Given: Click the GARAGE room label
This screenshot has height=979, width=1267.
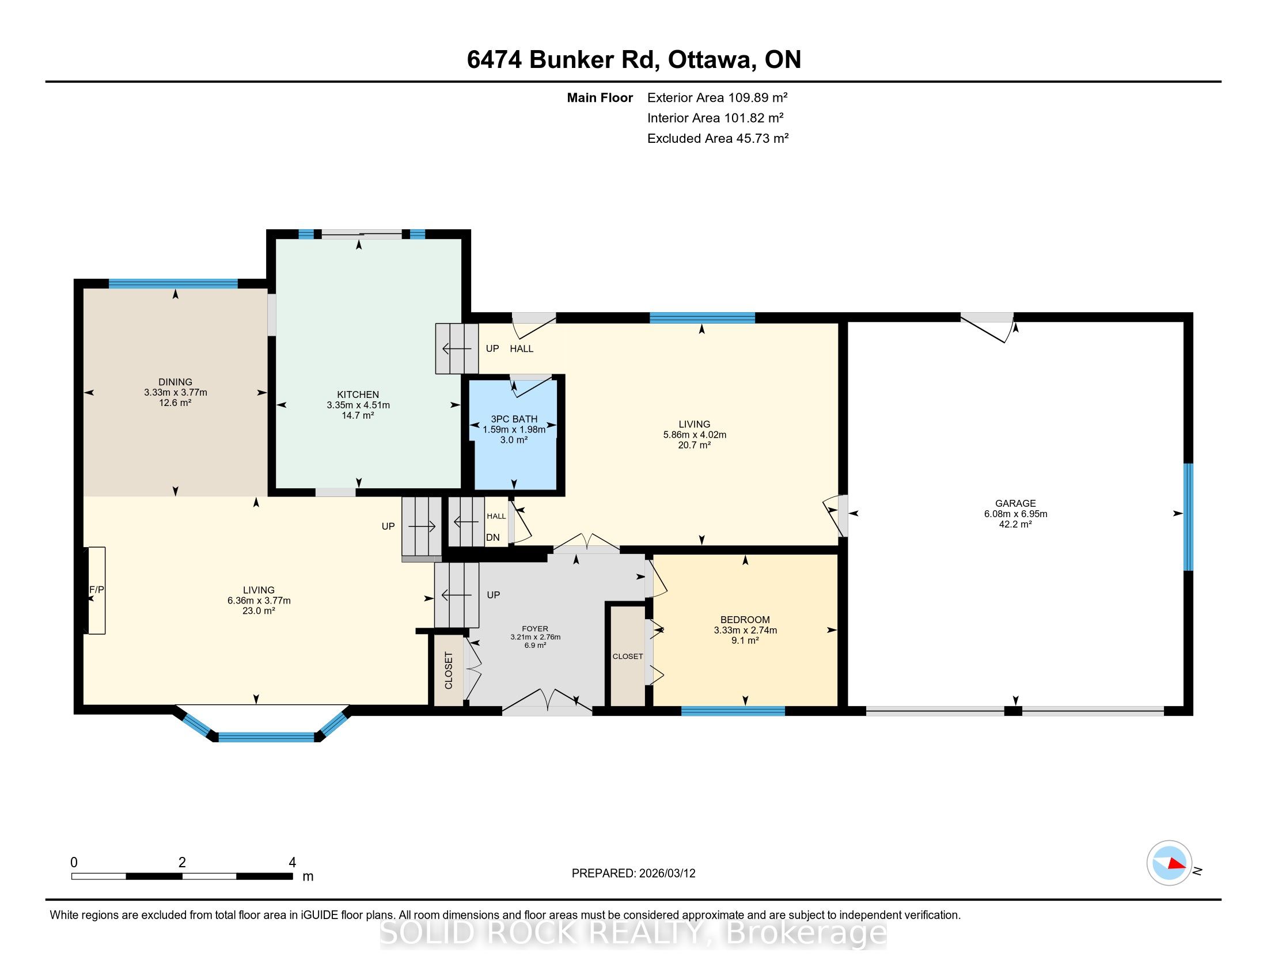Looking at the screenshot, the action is tap(1015, 503).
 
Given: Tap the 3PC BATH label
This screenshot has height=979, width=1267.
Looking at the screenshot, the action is tap(514, 419).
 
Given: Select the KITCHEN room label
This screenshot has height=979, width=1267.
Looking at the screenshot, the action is tap(358, 394).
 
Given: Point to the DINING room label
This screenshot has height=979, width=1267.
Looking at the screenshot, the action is tap(175, 382).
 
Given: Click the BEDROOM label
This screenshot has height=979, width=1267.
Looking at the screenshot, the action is tap(745, 620).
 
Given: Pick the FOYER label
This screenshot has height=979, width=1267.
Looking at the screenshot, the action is tap(535, 629).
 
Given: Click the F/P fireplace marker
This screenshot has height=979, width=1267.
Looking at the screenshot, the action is tap(96, 590).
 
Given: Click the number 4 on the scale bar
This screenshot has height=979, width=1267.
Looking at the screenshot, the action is tap(293, 863).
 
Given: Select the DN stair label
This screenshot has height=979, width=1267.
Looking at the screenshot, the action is tap(492, 538).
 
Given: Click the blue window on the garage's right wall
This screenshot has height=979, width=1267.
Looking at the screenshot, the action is tap(1188, 517).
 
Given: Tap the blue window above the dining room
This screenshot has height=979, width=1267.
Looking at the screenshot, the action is tap(173, 283).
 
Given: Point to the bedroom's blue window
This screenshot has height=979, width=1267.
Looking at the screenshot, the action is tap(733, 711).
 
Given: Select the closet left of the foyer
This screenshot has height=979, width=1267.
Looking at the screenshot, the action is tap(449, 670).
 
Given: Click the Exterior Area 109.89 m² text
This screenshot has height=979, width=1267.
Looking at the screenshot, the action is tap(717, 97).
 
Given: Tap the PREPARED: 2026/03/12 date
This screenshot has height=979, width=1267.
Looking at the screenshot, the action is tap(633, 874).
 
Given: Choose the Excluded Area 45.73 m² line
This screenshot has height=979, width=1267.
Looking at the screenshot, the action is tap(718, 138).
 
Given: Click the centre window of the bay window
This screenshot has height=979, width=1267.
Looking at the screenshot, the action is tap(266, 737).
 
